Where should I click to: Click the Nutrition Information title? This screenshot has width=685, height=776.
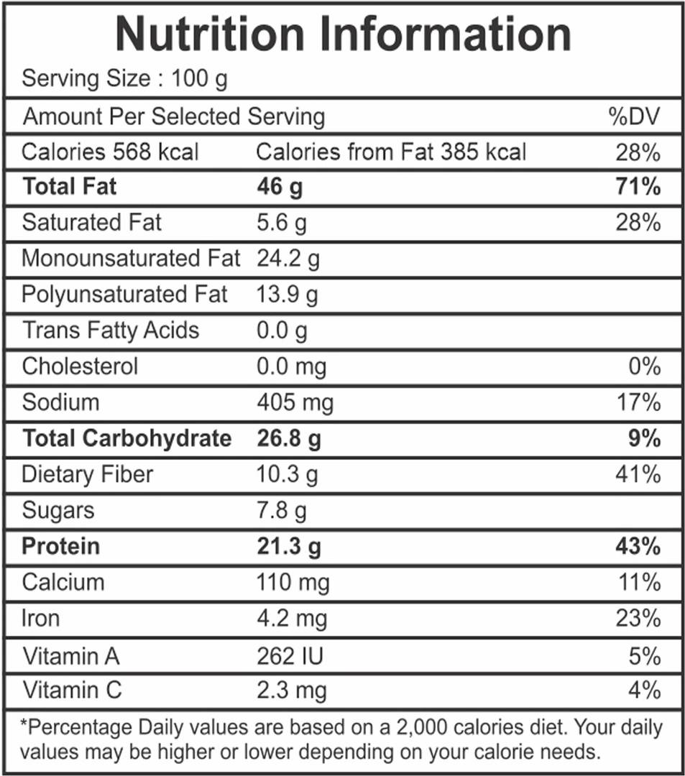point(343,34)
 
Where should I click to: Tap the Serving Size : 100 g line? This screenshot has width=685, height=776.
point(124,79)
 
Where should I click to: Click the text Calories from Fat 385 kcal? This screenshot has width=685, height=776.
point(391,152)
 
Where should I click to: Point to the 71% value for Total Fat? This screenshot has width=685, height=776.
point(638,188)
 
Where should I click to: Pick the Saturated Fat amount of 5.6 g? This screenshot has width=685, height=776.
point(282,223)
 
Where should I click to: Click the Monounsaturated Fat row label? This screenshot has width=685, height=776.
point(131,259)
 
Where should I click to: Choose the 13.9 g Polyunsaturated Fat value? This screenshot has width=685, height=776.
point(288,295)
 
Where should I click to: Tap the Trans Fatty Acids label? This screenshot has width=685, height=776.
point(111,331)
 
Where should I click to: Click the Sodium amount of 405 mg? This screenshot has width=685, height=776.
point(295,402)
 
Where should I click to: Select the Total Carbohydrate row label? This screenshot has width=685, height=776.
point(127,438)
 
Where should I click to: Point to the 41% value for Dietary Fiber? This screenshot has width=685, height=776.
point(638,474)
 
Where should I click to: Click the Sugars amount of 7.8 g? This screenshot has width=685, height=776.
point(282,511)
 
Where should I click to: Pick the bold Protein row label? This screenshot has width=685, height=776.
point(61,546)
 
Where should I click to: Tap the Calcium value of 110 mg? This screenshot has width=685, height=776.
point(293,582)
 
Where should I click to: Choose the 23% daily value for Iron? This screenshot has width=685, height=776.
point(638,618)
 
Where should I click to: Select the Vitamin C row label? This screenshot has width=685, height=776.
point(72,691)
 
